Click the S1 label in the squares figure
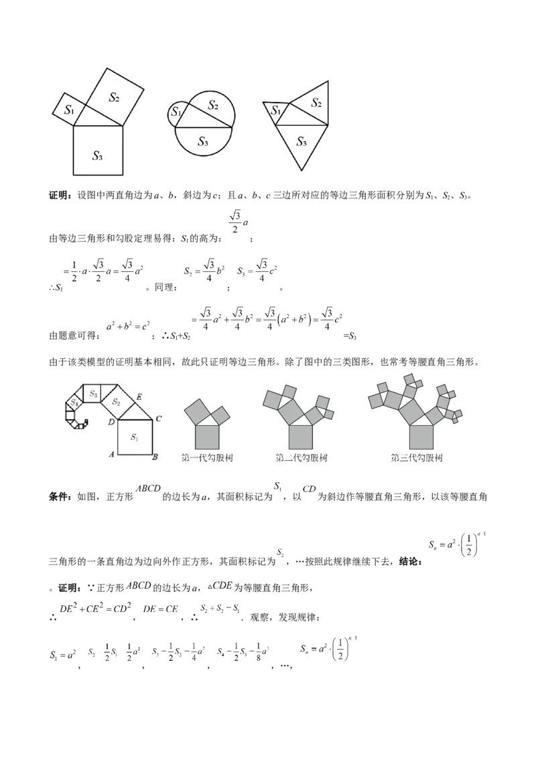[x=69, y=110]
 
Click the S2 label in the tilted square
[x=114, y=97]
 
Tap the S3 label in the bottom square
[x=97, y=156]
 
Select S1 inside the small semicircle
[x=176, y=112]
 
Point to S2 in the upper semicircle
[x=213, y=104]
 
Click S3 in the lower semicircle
[x=202, y=141]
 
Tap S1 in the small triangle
[x=275, y=111]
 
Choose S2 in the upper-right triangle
[x=316, y=102]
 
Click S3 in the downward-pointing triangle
[x=301, y=141]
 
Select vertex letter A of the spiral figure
[x=112, y=454]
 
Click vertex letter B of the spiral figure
[x=155, y=457]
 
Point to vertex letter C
[x=158, y=419]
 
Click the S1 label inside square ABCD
[x=134, y=437]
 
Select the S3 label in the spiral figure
[x=94, y=395]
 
